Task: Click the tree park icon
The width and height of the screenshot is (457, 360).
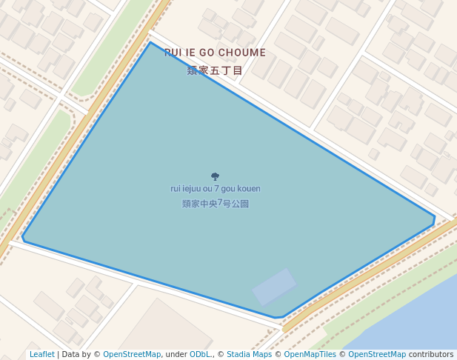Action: point(215,176)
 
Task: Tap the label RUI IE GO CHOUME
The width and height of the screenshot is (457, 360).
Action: point(215,53)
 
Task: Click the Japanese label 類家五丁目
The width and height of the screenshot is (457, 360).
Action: point(215,70)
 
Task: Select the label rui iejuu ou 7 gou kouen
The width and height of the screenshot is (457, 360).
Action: point(215,189)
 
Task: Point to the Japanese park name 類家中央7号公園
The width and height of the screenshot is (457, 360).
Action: point(215,204)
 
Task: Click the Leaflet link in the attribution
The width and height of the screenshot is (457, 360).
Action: point(42,355)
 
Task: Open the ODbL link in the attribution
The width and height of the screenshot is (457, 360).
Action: point(201,355)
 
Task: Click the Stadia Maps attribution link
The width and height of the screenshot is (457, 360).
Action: point(249,355)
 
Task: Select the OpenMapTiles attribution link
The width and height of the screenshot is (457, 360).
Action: point(310,355)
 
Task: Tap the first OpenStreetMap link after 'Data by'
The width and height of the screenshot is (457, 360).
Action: point(132,355)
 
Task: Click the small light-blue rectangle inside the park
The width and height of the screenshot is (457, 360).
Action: point(274,287)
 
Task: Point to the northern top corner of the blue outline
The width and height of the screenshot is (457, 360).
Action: point(150,42)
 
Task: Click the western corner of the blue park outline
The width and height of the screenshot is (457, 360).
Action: point(23,238)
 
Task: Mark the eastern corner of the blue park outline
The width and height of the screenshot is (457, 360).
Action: point(434,217)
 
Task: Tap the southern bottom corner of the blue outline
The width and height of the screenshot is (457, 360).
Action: point(279,318)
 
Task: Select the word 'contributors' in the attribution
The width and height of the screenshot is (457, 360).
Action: point(431,355)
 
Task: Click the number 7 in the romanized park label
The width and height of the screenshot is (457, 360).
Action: point(216,189)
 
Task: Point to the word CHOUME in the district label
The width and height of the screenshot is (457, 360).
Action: point(241,53)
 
